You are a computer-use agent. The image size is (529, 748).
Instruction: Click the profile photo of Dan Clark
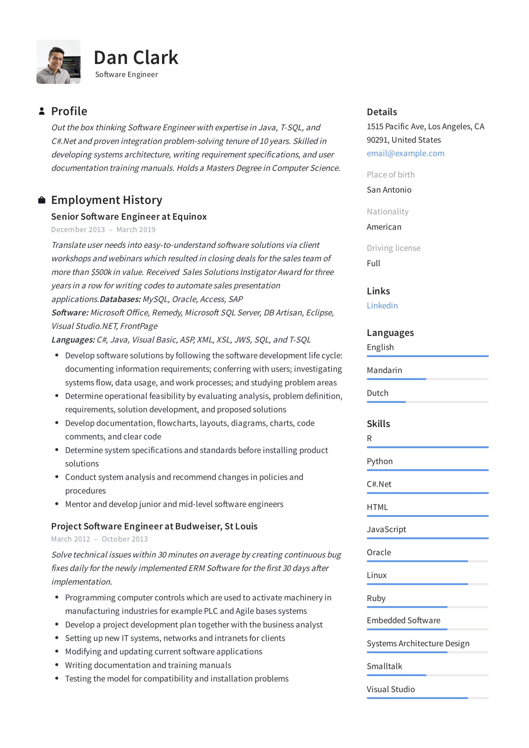(x=58, y=62)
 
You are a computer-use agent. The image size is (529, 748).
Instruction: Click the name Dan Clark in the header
(x=136, y=58)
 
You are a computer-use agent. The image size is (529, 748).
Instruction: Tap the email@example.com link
(x=405, y=153)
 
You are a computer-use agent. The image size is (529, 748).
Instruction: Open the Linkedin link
(x=382, y=305)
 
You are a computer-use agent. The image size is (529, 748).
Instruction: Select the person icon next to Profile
(x=42, y=111)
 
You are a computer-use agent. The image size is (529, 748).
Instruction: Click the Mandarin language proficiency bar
(x=427, y=379)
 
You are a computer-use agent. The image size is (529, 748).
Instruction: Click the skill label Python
(x=379, y=461)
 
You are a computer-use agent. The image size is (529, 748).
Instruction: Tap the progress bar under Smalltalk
(x=427, y=675)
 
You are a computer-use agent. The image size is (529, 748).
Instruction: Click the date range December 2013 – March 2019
(x=103, y=229)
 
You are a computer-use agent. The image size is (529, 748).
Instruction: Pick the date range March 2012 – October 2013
(x=99, y=539)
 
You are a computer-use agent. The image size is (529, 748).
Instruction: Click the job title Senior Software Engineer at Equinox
(x=129, y=216)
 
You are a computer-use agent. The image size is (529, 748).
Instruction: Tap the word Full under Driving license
(x=373, y=263)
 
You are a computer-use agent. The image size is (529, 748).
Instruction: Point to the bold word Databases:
(x=120, y=299)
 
